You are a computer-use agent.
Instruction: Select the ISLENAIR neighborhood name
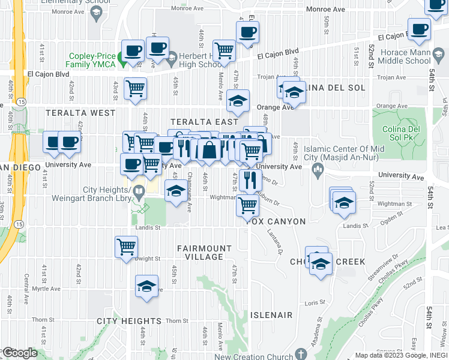[x=271, y=315]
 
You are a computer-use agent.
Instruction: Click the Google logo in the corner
[x=19, y=353]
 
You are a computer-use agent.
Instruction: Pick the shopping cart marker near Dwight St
[x=127, y=246]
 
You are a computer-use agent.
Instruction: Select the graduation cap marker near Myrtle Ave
[x=146, y=286]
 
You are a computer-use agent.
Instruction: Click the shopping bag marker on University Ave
[x=209, y=150]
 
